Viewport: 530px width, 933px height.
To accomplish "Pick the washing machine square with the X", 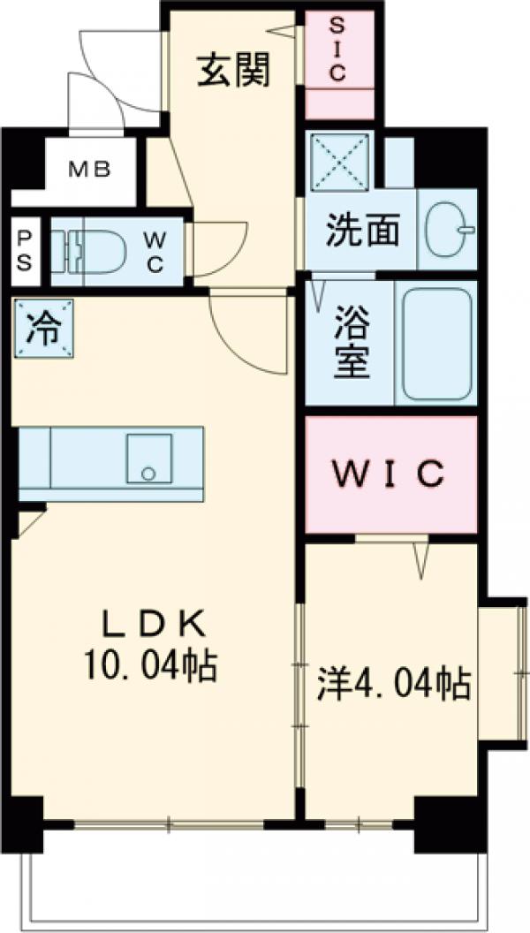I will (x=340, y=159).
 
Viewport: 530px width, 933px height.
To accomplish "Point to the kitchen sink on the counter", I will (x=148, y=457).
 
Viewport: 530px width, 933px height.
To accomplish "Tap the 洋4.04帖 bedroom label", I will (x=393, y=683).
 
